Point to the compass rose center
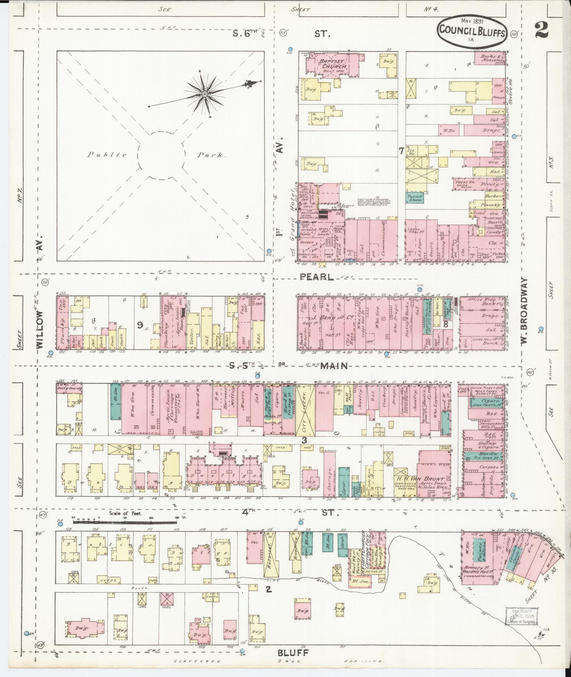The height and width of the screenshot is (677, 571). coord(205,94)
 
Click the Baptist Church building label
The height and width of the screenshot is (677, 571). coord(331,64)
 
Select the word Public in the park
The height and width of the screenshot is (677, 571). coord(102,155)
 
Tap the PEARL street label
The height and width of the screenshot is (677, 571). coord(316,277)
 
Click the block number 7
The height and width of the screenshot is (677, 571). coord(401,151)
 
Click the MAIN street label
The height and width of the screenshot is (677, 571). coord(334,366)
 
